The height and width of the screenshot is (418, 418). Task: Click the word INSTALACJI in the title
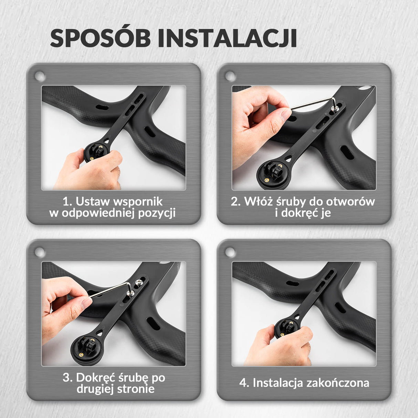pyautogui.click(x=227, y=39)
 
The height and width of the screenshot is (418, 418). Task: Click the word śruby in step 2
pyautogui.click(x=291, y=201)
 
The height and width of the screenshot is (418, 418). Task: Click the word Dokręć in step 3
pyautogui.click(x=96, y=378)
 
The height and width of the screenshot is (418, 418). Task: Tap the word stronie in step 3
pyautogui.click(x=136, y=389)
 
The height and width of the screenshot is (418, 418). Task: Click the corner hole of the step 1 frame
pyautogui.click(x=40, y=76)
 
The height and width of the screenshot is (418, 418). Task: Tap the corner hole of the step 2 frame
pyautogui.click(x=230, y=76)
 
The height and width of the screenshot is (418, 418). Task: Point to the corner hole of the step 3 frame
pyautogui.click(x=40, y=253)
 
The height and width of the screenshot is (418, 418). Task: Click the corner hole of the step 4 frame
pyautogui.click(x=230, y=252)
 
